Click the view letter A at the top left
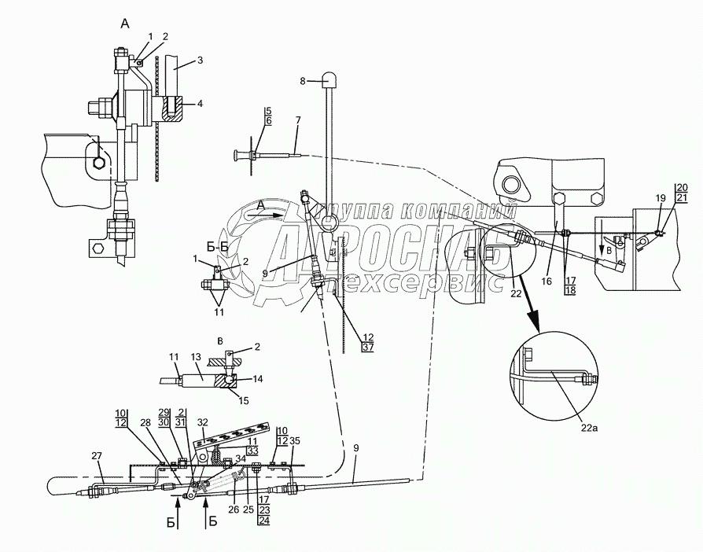(124, 24)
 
